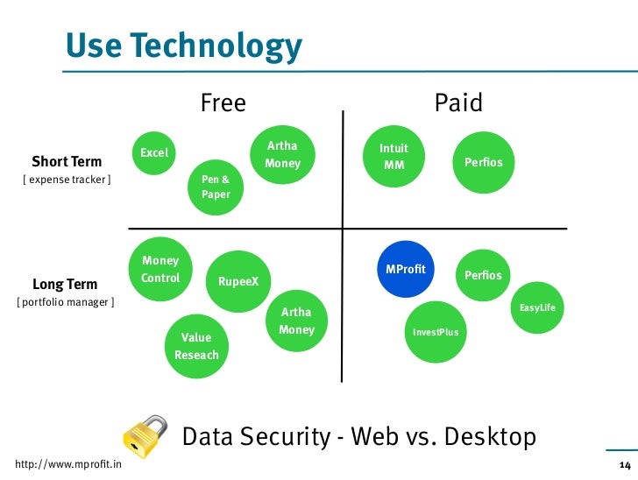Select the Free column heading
(x=223, y=103)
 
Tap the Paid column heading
(x=458, y=103)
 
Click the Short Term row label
(x=67, y=161)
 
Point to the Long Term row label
(x=65, y=284)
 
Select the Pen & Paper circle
(x=216, y=187)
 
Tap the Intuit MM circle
(x=394, y=156)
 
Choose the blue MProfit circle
(x=405, y=270)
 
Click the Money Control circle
(x=160, y=269)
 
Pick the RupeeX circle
(x=238, y=281)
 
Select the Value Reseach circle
(x=196, y=345)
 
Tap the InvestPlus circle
(x=436, y=332)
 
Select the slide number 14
(x=624, y=464)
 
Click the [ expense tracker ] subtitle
(x=67, y=180)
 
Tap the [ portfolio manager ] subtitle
(x=65, y=303)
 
